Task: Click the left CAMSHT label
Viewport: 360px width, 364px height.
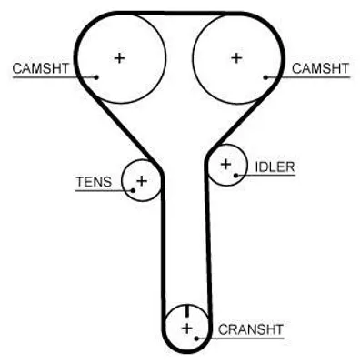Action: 41,68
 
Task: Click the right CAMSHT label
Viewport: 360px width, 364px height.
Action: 320,68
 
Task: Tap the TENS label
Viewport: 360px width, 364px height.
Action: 94,182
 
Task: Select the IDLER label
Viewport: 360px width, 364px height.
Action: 275,167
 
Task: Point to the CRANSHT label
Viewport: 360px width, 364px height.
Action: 251,329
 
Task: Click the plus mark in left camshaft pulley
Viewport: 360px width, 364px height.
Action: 119,57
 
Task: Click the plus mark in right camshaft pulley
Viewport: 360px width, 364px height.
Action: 236,57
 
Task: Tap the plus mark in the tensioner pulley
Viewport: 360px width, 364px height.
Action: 142,181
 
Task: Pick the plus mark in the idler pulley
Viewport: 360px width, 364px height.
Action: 225,165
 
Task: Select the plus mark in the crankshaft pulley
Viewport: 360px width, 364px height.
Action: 187,329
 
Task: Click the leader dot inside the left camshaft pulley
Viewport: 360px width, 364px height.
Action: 96,77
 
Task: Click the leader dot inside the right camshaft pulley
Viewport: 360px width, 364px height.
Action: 265,77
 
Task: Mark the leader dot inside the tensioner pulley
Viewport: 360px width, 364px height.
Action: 133,190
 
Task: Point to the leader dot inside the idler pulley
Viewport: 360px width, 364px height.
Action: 235,176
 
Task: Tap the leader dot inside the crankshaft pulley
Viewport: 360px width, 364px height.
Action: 196,339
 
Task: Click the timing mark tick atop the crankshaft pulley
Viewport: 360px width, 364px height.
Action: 187,310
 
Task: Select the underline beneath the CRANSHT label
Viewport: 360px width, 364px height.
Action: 241,339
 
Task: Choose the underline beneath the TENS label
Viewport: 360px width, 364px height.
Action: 105,191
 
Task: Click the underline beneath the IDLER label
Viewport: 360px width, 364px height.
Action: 265,176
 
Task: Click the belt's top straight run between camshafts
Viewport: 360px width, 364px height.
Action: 179,14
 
